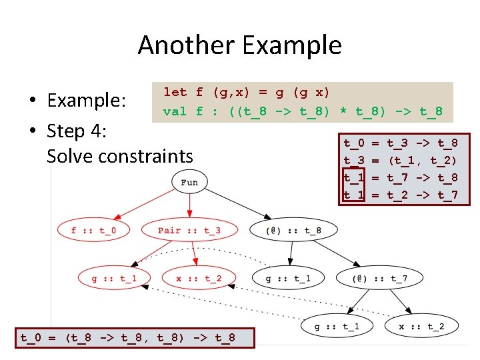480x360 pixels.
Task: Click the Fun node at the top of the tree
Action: point(189,182)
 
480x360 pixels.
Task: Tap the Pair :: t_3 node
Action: point(189,231)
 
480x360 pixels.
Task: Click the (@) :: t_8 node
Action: point(293,231)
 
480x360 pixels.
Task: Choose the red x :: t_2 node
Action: point(199,278)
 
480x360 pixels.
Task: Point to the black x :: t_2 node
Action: point(421,326)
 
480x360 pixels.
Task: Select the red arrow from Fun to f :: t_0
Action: point(143,203)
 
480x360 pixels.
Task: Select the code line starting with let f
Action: point(247,92)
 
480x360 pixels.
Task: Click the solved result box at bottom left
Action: point(128,338)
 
